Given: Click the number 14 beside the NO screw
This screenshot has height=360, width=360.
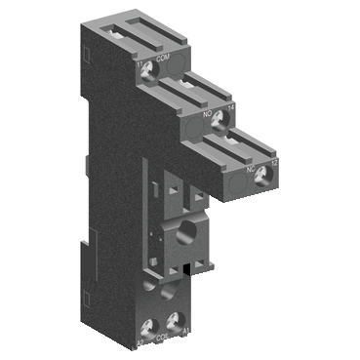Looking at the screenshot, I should [x=232, y=109].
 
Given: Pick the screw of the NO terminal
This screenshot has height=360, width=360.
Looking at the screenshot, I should [x=221, y=119].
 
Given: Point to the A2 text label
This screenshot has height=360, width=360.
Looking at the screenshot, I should [x=142, y=342].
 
